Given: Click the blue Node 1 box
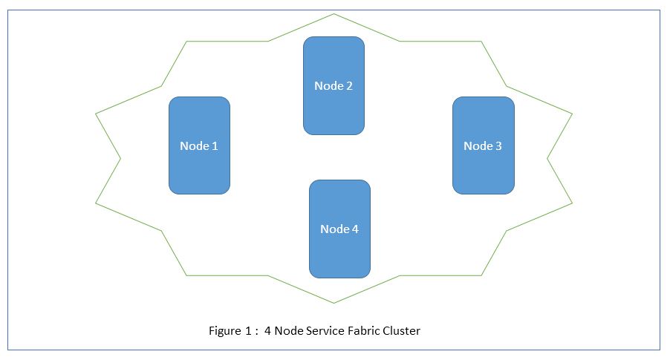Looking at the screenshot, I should (199, 145).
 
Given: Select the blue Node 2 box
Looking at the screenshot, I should (334, 85).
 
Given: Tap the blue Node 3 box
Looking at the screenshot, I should (483, 145).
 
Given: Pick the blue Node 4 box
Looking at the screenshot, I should (339, 228).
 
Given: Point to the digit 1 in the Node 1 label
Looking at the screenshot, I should (215, 146).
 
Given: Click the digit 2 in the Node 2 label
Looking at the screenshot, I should (349, 86).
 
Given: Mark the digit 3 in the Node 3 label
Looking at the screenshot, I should (498, 146).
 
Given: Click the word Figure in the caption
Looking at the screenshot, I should (225, 331).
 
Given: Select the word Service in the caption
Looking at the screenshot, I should (323, 331).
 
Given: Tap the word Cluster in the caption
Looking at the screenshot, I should (402, 331).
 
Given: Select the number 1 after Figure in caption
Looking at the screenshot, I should (248, 331).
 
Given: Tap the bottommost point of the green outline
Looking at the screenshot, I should (334, 303).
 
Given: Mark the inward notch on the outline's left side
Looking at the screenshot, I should (120, 158).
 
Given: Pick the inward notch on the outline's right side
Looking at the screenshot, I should (547, 158).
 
